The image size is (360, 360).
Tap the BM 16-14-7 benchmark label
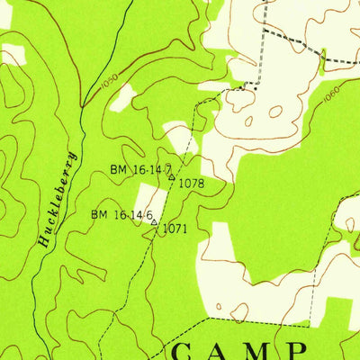point(140,169)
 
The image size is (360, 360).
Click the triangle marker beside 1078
point(172,177)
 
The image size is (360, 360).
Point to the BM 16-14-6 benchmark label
point(121,214)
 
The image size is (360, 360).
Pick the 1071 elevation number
point(175,229)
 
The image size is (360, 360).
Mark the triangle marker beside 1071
point(154,221)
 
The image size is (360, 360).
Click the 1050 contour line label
point(109,81)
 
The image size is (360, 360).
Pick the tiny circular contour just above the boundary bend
point(238,311)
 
